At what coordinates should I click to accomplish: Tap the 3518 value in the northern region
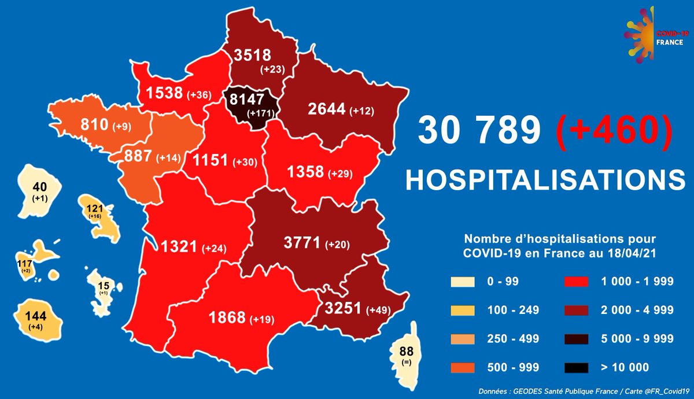pos(252,55)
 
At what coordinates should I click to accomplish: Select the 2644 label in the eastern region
pos(327,108)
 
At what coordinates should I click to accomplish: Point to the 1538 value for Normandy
pos(164,92)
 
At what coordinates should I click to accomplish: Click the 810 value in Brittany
pos(77,123)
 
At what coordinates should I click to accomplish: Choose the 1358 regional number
pos(305,172)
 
